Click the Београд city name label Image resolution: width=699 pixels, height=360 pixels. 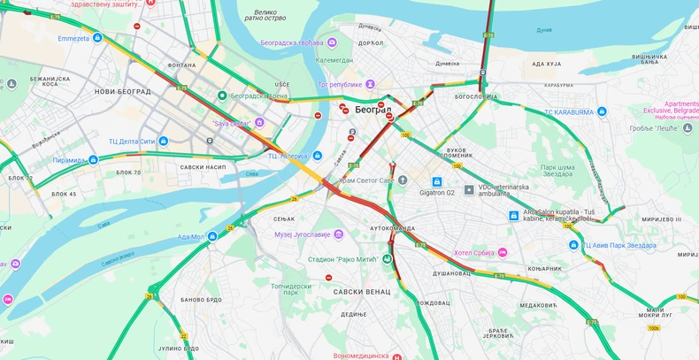tap(373, 110)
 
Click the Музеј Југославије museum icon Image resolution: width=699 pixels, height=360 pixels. tap(339, 234)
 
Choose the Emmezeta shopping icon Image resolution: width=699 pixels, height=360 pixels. tap(97, 38)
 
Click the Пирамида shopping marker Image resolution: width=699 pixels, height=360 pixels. tap(94, 160)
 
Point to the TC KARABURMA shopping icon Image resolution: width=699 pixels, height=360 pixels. tap(602, 111)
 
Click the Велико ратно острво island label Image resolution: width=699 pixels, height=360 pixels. tap(265, 14)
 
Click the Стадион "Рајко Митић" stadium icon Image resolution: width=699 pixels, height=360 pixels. tap(386, 259)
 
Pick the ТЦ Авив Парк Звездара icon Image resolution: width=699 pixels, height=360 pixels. tap(573, 245)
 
